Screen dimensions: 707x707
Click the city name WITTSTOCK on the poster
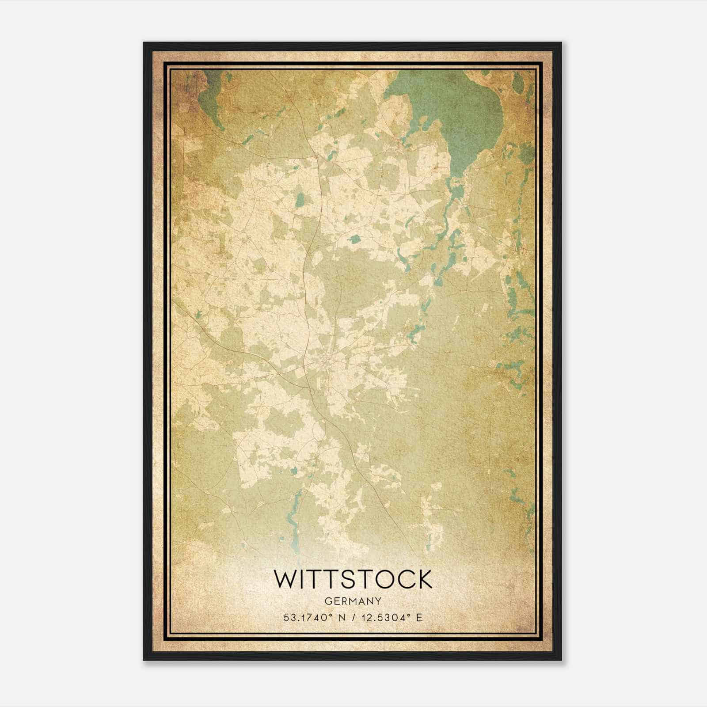(x=353, y=579)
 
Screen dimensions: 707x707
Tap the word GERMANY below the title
(x=353, y=601)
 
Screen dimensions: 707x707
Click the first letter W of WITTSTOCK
(x=285, y=579)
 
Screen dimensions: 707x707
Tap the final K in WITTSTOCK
(x=424, y=579)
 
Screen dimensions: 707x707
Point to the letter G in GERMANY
(x=328, y=601)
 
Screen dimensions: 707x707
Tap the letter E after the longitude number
(x=419, y=618)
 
